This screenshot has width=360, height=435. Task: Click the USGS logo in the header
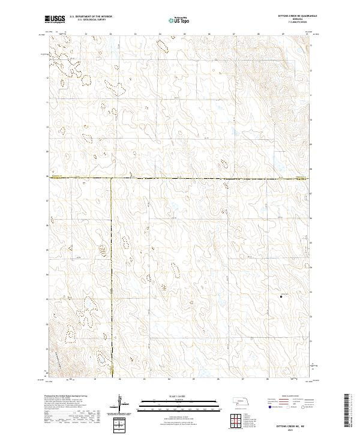click(55, 20)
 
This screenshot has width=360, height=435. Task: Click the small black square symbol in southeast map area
click(282, 295)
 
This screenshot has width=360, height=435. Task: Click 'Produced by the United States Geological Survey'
click(66, 397)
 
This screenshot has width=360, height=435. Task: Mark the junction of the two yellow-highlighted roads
click(111, 178)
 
